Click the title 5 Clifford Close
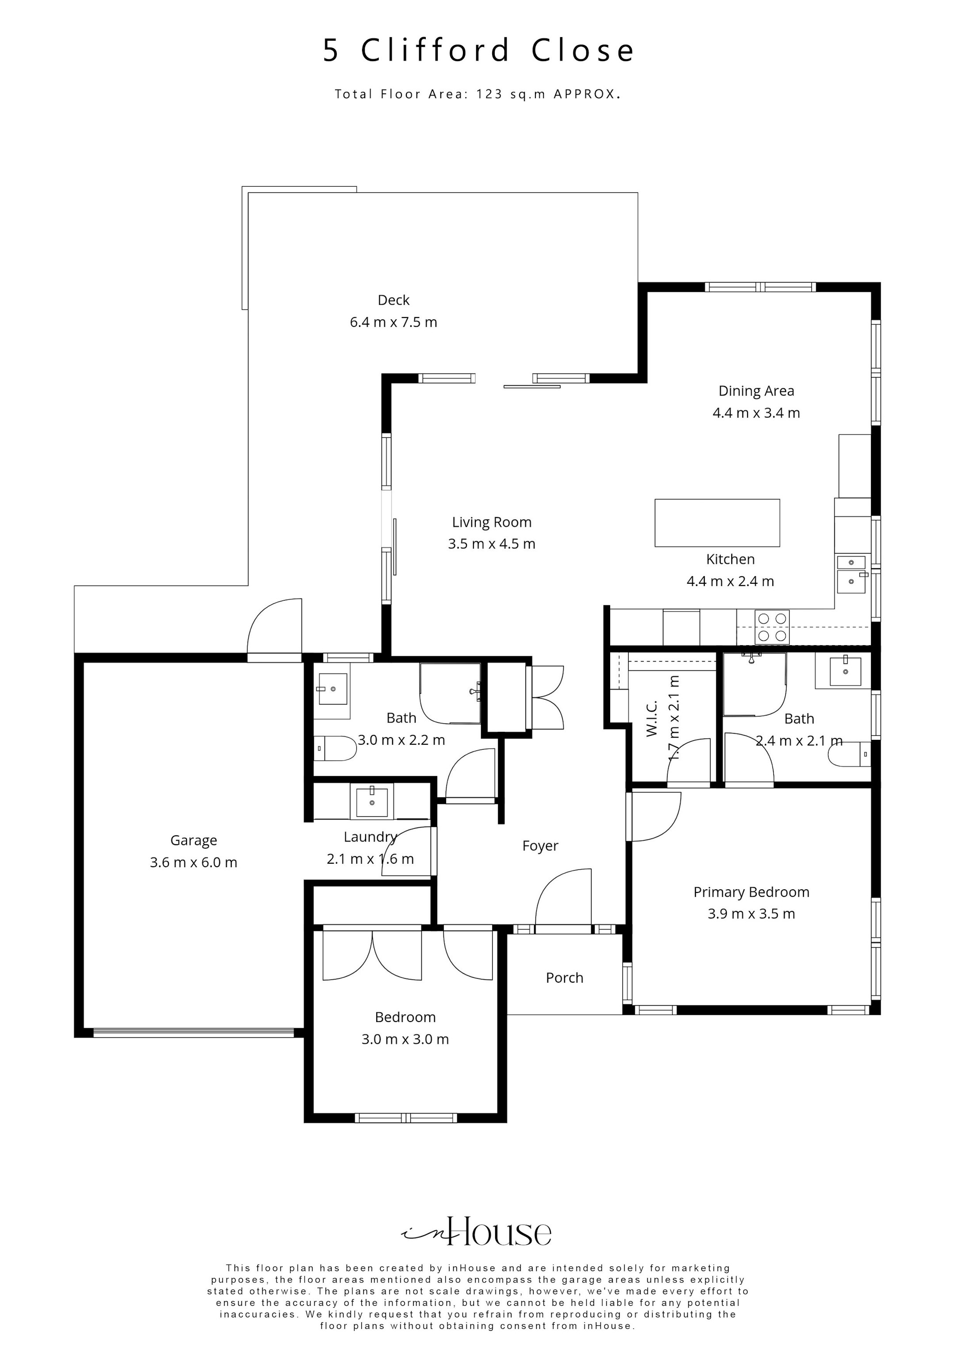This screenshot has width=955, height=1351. click(478, 50)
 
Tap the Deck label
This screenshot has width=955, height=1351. click(393, 300)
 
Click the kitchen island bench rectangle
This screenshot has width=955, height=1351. click(717, 523)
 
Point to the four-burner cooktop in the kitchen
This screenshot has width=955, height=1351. click(772, 627)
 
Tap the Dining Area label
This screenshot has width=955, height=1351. click(756, 391)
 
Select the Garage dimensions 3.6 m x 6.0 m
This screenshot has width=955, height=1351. click(193, 863)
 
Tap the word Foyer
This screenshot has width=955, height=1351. click(539, 846)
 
